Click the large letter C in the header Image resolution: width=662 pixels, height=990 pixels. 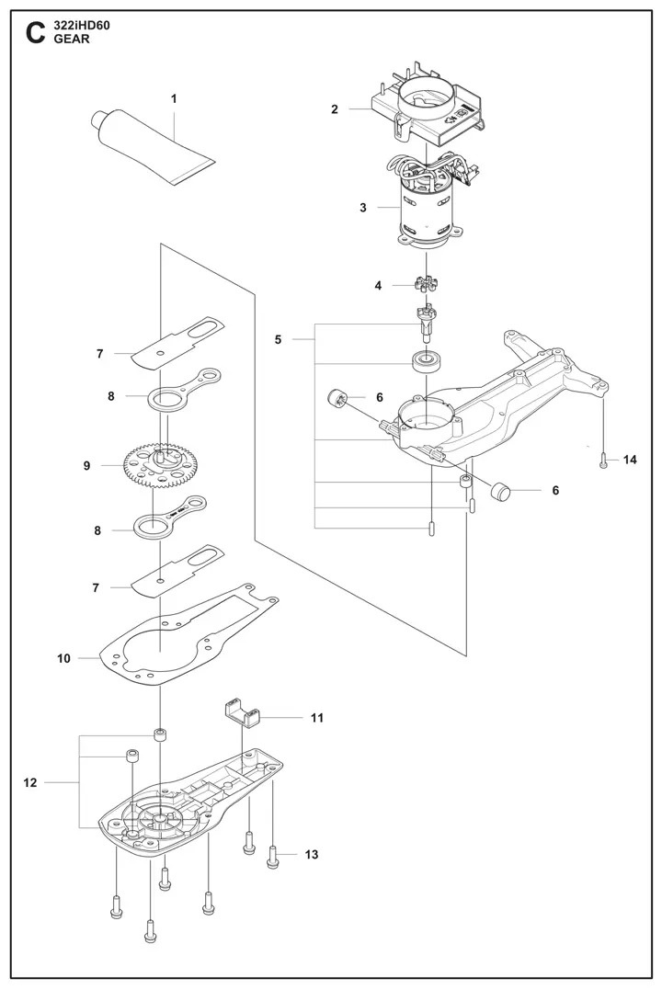coord(34,33)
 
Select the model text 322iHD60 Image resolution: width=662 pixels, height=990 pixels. coord(83,26)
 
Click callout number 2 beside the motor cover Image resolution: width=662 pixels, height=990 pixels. coord(335,109)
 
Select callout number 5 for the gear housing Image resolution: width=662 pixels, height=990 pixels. coord(278,340)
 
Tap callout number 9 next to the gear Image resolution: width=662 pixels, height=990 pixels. coord(86,466)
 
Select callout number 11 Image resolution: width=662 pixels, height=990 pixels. coord(317,716)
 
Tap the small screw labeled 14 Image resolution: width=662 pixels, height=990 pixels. coord(603,461)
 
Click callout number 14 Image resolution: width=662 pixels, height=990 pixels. coord(629,460)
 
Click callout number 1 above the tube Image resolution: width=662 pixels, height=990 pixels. coord(174,97)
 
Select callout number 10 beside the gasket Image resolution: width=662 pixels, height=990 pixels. coord(63,658)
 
